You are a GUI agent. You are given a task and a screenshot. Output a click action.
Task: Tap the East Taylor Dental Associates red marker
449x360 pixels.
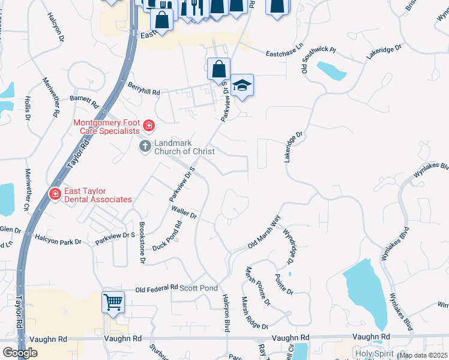coord(55,194)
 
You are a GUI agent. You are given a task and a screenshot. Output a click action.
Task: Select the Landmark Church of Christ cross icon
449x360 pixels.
coord(145,146)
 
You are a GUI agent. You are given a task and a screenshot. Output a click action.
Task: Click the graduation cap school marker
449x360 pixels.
coord(242,86)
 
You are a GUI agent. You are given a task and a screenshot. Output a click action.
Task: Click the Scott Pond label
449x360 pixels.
coord(199,289)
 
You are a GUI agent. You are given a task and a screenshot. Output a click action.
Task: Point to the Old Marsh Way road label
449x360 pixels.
coord(265,234)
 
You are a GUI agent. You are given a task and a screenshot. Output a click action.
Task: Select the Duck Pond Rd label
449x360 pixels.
coord(167,236)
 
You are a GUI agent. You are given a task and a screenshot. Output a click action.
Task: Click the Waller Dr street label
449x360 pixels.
coord(184,212)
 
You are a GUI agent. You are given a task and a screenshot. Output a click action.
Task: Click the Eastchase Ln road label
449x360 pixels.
coord(286,54)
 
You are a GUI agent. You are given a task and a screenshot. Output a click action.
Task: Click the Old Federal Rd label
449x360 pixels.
coord(157,288)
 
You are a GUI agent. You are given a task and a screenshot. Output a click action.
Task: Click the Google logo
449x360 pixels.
coord(20,353)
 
